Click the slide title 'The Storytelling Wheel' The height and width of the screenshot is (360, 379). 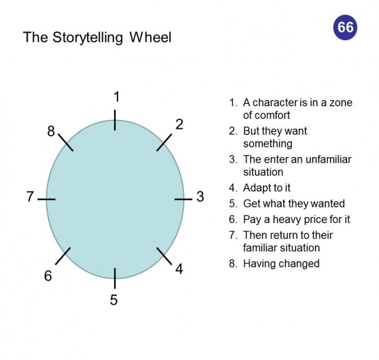tap(97, 37)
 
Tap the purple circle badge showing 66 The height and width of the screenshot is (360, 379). tap(345, 27)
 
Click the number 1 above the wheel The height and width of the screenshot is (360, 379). tap(116, 97)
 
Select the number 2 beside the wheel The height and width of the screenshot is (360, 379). tap(179, 124)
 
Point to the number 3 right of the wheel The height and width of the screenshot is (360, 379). tap(200, 197)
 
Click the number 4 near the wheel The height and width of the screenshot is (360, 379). tap(179, 270)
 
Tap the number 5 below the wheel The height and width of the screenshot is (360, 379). tap(114, 300)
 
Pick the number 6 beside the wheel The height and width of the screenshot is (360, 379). tap(48, 276)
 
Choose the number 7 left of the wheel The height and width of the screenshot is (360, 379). tap(29, 197)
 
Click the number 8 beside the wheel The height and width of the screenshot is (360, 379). tap(51, 131)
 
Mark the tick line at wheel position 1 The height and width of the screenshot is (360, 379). tap(115, 120)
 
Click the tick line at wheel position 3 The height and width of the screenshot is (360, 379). tap(183, 199)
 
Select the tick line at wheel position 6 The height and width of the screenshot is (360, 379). tap(63, 256)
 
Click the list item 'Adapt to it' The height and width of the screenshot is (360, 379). tap(267, 188)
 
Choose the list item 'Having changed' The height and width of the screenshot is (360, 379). tap(281, 263)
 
